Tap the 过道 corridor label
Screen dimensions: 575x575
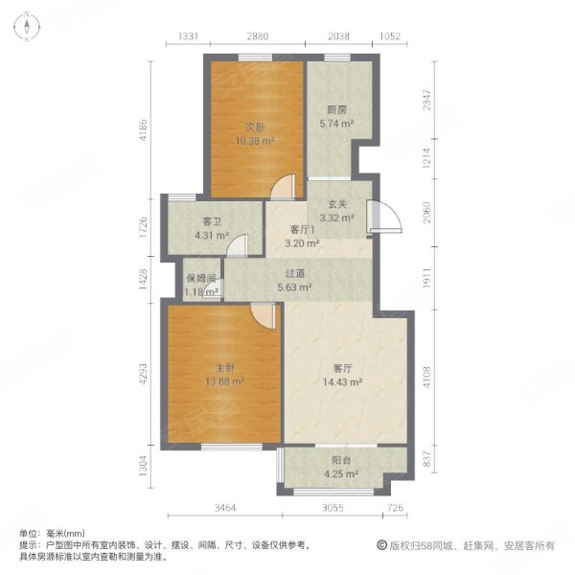point(294,272)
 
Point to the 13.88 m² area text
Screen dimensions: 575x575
point(225,381)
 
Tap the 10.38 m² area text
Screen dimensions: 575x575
point(254,141)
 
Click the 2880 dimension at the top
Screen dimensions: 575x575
point(255,37)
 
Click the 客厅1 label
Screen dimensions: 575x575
point(304,230)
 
